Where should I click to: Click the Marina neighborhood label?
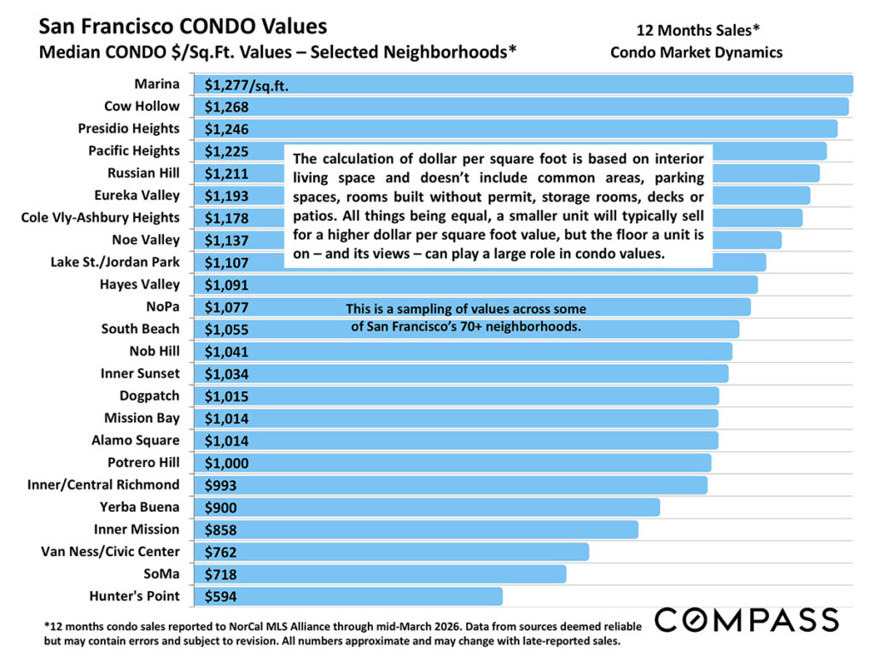[x=156, y=84]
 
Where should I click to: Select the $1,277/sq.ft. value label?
[x=245, y=84]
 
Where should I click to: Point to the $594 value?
[x=220, y=595]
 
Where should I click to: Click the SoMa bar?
[x=384, y=573]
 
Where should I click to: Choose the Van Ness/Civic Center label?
[x=110, y=551]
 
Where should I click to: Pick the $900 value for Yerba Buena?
[x=220, y=507]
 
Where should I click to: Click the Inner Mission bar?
[x=418, y=529]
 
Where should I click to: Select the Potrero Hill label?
[x=143, y=462]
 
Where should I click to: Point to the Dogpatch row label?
[x=149, y=395]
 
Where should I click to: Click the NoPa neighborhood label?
[x=163, y=307]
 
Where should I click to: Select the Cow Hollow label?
[x=142, y=106]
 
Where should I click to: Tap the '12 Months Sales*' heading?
[x=696, y=32]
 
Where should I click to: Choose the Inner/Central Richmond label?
[x=103, y=484]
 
